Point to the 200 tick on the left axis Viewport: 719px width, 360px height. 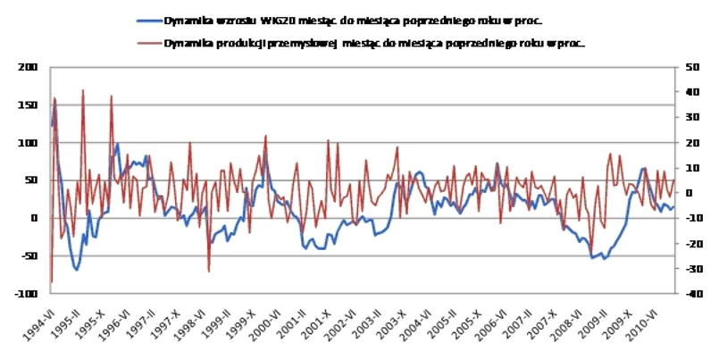29,67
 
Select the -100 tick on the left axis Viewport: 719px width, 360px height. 27,293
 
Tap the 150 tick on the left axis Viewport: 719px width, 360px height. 29,105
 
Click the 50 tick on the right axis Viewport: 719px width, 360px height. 690,67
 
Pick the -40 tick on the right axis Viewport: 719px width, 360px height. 690,293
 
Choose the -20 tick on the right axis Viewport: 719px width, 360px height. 690,243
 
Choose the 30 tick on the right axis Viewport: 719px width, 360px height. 690,117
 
